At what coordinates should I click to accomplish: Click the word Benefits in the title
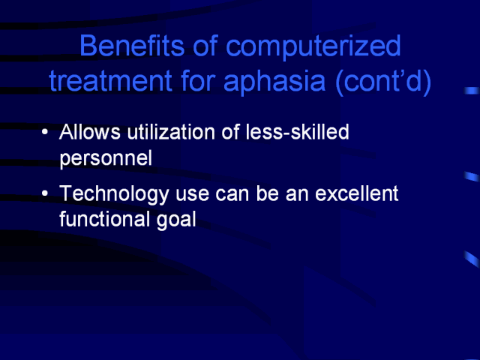coord(132,45)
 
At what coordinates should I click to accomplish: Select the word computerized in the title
coord(313,47)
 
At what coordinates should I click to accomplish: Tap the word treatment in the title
coord(110,81)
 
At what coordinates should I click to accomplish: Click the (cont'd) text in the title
coord(383,82)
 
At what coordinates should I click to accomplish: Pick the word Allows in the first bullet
coord(90,132)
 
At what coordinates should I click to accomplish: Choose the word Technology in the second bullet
coord(114,195)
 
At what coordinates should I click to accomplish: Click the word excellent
coord(357,193)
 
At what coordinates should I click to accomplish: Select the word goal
coord(176,221)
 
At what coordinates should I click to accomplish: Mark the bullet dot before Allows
coord(45,133)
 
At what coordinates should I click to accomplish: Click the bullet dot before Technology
coord(45,193)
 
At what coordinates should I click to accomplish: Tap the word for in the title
coord(198,80)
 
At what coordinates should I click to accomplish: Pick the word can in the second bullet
coord(232,195)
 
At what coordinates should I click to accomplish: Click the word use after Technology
coord(192,195)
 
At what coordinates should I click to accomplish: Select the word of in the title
coord(205,45)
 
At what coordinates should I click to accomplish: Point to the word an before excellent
coord(297,195)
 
